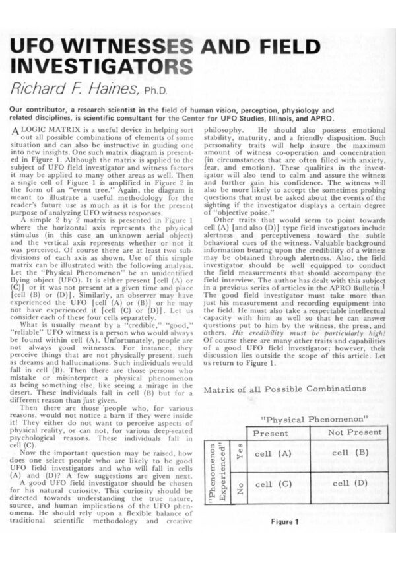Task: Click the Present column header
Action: point(271,433)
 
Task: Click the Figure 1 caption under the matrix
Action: point(284,522)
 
